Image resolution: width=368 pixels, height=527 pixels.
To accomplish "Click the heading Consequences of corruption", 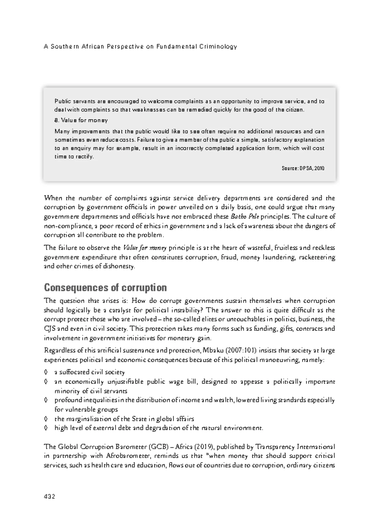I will (x=105, y=288).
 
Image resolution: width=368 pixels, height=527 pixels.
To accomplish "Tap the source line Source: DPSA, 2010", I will (x=303, y=168).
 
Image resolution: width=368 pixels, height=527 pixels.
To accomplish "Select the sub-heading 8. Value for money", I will (x=81, y=120).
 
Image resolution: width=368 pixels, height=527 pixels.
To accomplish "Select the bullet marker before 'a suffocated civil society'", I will (x=46, y=372).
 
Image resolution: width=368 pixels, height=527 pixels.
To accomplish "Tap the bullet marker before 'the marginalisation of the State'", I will (x=46, y=419).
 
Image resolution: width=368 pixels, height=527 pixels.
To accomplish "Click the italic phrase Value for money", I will (x=145, y=248).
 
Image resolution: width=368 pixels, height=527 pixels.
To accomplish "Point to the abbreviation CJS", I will (x=50, y=329).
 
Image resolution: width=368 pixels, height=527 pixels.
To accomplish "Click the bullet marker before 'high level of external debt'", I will (x=46, y=428).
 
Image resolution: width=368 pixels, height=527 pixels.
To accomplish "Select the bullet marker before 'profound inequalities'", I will (x=46, y=400).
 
